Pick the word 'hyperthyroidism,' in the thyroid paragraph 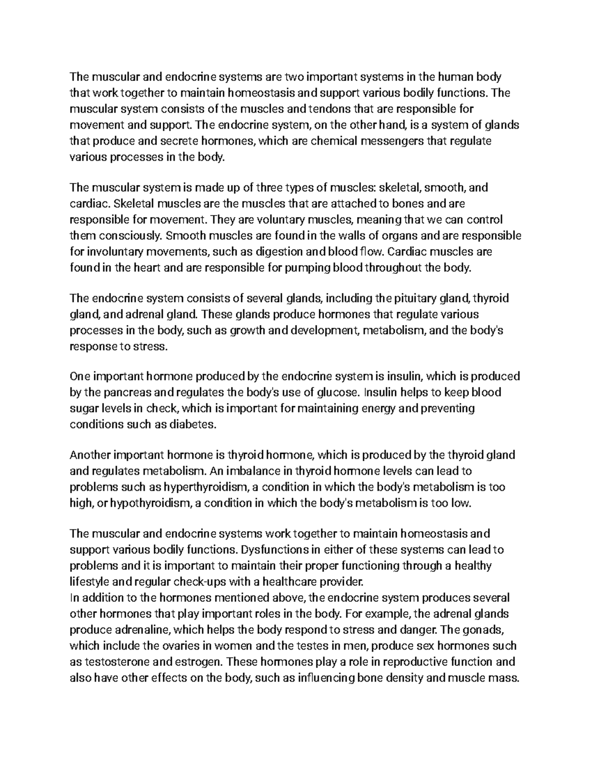(206, 487)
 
